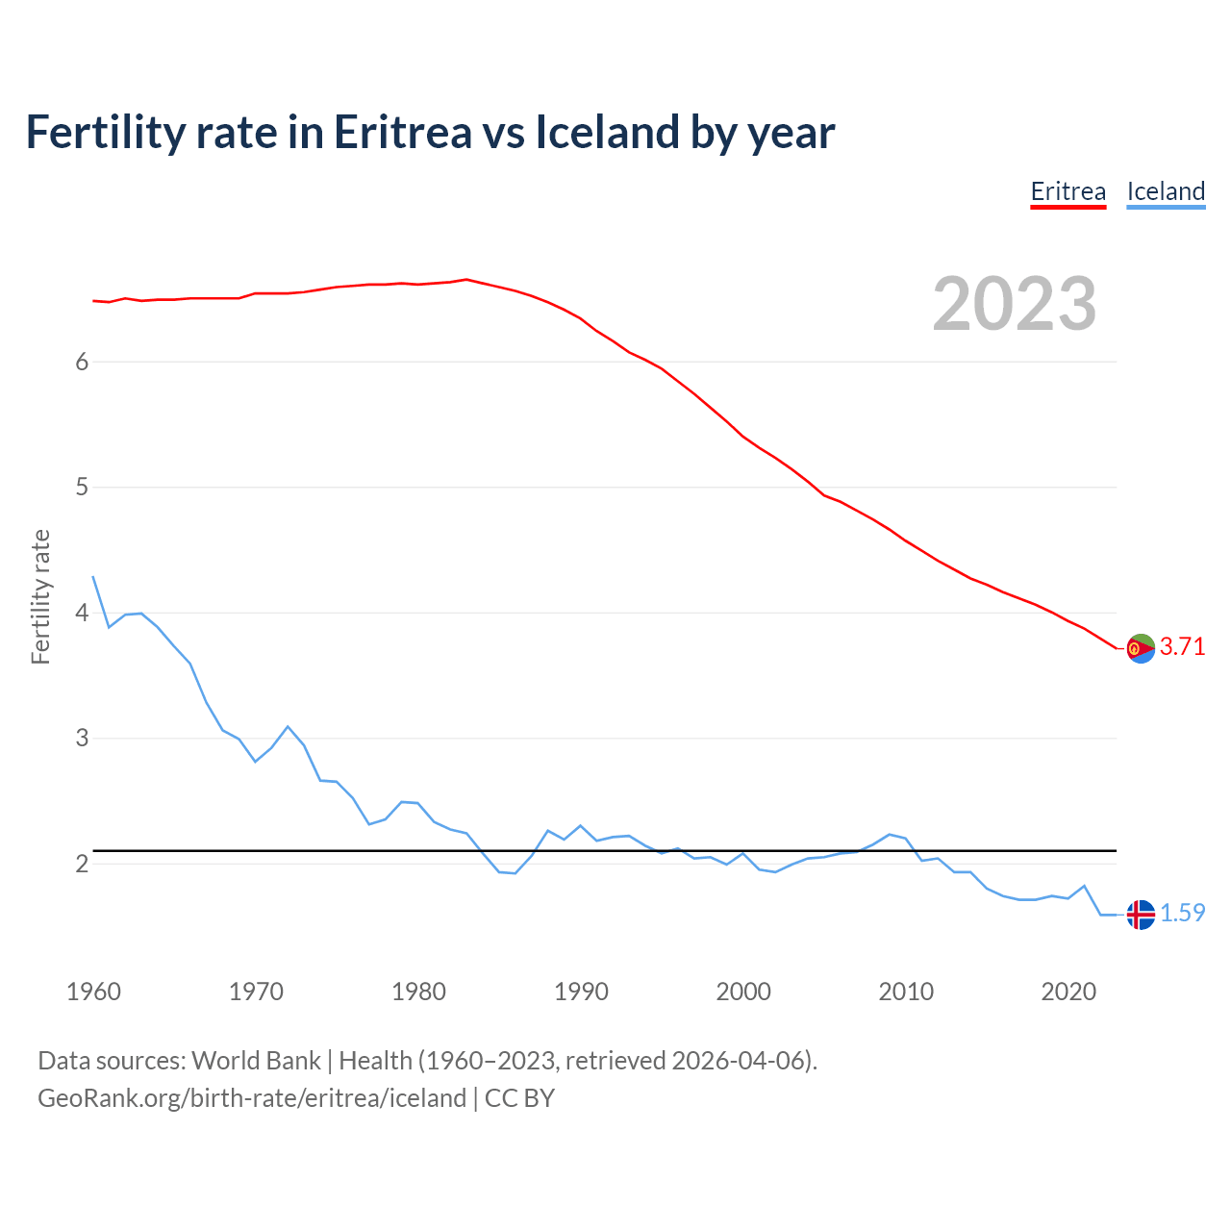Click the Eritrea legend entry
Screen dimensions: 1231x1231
pos(1068,191)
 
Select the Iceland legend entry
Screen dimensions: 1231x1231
pos(1166,191)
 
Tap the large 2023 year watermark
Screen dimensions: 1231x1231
pos(1014,304)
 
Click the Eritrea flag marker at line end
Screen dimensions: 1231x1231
pos(1140,648)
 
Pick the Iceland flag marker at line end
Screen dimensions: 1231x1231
pos(1140,915)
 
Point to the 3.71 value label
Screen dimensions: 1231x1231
pos(1182,647)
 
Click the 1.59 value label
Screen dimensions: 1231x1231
pos(1182,914)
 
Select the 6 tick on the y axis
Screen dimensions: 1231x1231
pos(82,362)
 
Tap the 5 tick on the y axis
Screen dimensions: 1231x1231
pos(82,488)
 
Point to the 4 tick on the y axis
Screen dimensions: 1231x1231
pos(82,613)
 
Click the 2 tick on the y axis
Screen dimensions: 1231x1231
pos(82,864)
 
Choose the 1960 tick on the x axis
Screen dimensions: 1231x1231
pos(93,992)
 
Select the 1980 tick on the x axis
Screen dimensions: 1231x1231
pos(418,992)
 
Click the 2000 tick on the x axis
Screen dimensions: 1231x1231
pos(743,992)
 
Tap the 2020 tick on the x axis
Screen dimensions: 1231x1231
pos(1068,992)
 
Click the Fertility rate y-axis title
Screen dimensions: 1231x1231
pos(40,596)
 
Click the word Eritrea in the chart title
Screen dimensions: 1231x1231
pos(402,133)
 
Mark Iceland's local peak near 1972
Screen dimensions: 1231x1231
pos(288,726)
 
